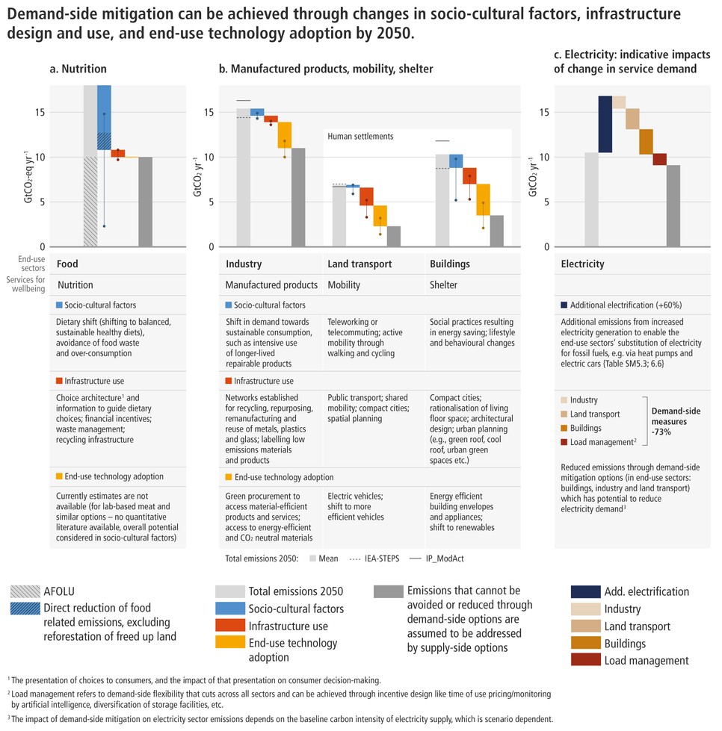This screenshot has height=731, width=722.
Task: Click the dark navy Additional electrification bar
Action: (x=605, y=125)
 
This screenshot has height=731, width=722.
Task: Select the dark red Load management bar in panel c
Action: (x=659, y=159)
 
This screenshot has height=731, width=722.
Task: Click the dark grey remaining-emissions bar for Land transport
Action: (x=394, y=236)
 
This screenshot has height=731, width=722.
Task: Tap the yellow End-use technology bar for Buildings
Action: (x=484, y=199)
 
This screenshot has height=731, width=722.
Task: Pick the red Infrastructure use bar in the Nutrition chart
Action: (x=118, y=153)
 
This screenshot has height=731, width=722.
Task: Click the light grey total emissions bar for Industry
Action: (x=244, y=177)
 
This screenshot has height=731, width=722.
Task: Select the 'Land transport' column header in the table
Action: (x=359, y=264)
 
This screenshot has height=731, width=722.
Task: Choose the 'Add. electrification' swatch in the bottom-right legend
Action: (x=590, y=591)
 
